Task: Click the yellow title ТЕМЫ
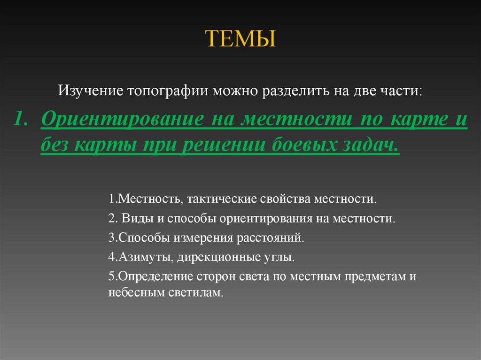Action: click(240, 39)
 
